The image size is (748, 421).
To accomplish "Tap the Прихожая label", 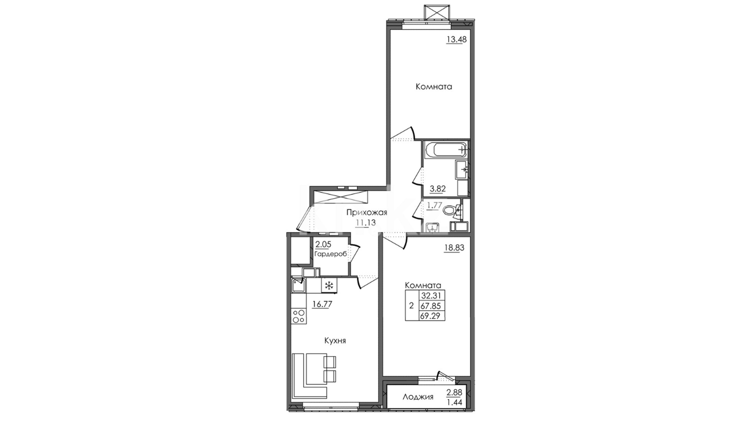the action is point(367,213).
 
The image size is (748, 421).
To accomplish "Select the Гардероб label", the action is point(330,254).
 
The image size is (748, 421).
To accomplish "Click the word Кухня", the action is point(335,341).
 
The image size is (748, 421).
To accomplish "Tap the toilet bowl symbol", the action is point(450,210).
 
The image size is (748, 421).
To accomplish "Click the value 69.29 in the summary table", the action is point(432,316).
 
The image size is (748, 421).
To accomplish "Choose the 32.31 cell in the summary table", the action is point(432,295).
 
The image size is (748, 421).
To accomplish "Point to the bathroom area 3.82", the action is point(438,189).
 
